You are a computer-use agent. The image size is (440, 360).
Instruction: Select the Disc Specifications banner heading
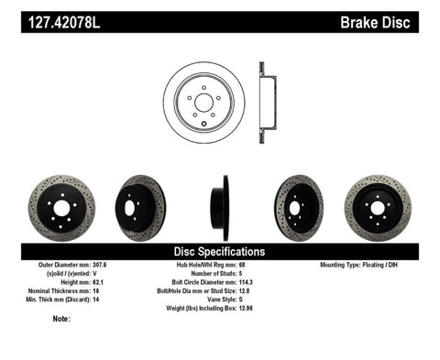point(220,251)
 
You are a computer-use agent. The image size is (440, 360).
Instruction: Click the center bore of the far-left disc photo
point(60,208)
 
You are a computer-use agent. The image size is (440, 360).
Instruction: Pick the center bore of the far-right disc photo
point(378,207)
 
